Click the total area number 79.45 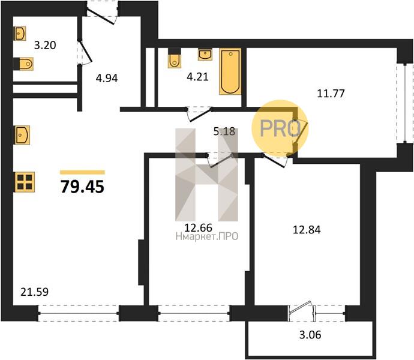point(82,187)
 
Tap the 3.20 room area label point(45,45)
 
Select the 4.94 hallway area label point(107,78)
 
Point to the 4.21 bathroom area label point(197,77)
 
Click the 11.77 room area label point(331,94)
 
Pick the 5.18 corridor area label point(224,131)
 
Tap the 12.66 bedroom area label point(198,227)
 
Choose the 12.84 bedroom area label point(307,230)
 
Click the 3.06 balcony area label point(310,335)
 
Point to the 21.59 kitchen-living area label point(35,292)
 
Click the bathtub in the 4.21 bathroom point(230,71)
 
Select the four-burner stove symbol point(25,182)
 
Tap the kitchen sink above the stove point(22,135)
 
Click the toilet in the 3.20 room point(23,64)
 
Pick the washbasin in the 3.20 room point(20,34)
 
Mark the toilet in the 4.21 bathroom point(175,58)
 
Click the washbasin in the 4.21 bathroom point(205,55)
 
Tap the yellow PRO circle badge point(280,128)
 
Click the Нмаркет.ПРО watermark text point(207,236)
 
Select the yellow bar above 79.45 point(82,172)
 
